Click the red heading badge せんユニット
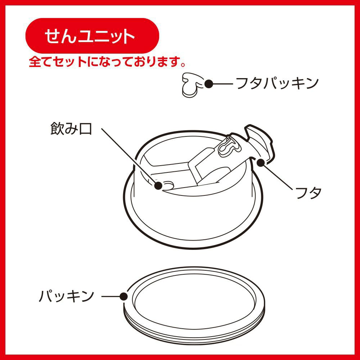pyautogui.click(x=92, y=36)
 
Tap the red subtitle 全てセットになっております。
pyautogui.click(x=107, y=62)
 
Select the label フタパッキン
pyautogui.click(x=278, y=84)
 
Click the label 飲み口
pyautogui.click(x=71, y=129)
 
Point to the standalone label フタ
pyautogui.click(x=309, y=192)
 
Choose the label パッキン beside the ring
pyautogui.click(x=67, y=296)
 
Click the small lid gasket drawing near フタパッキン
pyautogui.click(x=192, y=85)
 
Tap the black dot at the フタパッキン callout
pyautogui.click(x=209, y=84)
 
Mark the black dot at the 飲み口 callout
pyautogui.click(x=158, y=185)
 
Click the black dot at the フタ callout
pyautogui.click(x=261, y=163)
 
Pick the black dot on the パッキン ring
pyautogui.click(x=124, y=296)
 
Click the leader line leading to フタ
pyautogui.click(x=276, y=176)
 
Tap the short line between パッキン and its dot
pyautogui.click(x=111, y=296)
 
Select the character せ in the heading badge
pyautogui.click(x=53, y=36)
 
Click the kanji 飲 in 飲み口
pyautogui.click(x=57, y=129)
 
